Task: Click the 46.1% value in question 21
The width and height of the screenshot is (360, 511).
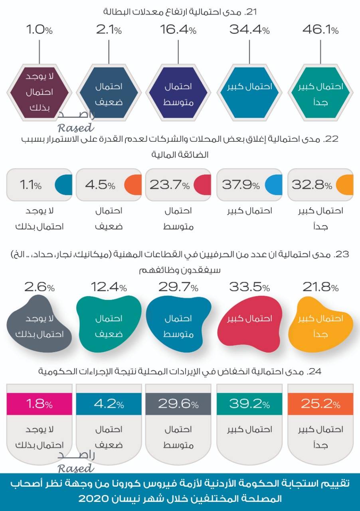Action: tap(320, 30)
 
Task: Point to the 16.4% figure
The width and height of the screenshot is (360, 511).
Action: tap(178, 30)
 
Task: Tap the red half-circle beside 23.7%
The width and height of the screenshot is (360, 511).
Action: tap(203, 185)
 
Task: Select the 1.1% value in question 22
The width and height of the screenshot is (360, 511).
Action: tap(30, 185)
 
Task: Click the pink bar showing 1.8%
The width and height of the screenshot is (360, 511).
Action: tap(39, 404)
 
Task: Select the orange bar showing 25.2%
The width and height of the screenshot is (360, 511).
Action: tap(320, 404)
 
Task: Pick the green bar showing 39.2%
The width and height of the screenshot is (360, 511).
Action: tap(249, 404)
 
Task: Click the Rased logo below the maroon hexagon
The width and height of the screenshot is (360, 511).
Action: tap(76, 121)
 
